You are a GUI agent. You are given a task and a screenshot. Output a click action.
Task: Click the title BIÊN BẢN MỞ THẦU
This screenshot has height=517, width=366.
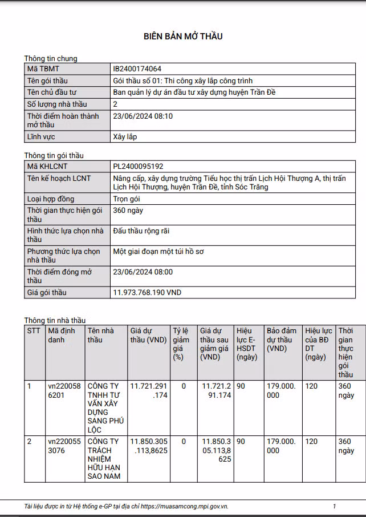tap(183, 37)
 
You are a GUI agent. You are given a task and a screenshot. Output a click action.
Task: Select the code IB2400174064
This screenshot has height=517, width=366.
tap(137, 69)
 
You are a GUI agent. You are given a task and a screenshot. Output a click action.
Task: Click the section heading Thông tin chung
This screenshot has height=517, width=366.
tap(51, 58)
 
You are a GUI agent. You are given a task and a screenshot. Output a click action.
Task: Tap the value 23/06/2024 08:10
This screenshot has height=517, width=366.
tap(143, 116)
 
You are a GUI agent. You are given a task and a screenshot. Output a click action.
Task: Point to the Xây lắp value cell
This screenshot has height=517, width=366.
tap(125, 137)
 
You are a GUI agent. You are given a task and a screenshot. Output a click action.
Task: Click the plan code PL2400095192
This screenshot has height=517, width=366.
tap(139, 167)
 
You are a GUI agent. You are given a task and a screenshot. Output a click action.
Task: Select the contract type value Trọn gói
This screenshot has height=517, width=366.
tap(127, 199)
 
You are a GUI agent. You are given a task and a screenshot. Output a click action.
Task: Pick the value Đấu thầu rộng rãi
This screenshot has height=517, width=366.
tap(141, 231)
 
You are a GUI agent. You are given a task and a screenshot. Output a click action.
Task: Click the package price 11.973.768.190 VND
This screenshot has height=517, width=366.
tap(148, 293)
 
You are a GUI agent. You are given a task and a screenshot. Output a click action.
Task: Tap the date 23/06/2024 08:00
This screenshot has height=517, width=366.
tap(143, 272)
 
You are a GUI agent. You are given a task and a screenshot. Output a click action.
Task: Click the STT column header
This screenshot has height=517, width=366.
tap(34, 331)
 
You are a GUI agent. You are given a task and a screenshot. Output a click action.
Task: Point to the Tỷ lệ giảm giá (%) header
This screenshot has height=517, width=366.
tap(182, 344)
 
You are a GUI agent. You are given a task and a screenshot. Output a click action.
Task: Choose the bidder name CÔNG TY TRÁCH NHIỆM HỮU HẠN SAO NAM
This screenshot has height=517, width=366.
tap(103, 459)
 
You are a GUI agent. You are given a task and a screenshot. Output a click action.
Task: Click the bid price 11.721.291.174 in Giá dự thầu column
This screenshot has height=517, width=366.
tap(149, 391)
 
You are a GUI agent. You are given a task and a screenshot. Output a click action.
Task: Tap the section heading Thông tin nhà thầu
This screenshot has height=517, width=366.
tap(55, 320)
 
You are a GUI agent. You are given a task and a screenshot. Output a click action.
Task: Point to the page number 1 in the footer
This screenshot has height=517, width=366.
tap(334, 506)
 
